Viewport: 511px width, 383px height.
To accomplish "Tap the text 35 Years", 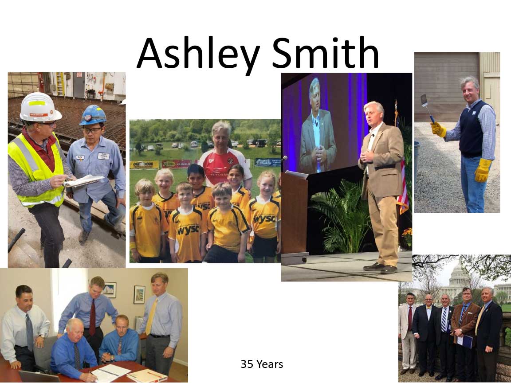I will (262, 364).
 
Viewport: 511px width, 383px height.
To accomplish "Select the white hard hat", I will (40, 107).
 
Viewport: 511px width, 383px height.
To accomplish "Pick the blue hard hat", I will (93, 115).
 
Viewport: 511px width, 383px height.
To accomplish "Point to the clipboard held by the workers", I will (84, 181).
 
